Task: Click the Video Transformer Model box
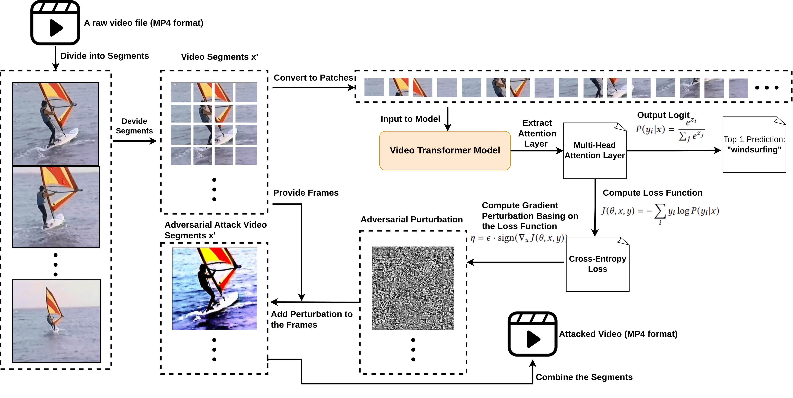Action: pyautogui.click(x=445, y=151)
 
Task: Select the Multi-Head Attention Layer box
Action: pyautogui.click(x=595, y=151)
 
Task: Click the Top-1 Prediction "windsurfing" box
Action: pyautogui.click(x=754, y=145)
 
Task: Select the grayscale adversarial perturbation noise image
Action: pyautogui.click(x=413, y=288)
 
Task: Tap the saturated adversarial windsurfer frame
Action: pyautogui.click(x=215, y=289)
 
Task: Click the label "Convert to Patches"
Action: pyautogui.click(x=313, y=78)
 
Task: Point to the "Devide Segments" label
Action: pyautogui.click(x=134, y=126)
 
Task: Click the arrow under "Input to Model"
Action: pyautogui.click(x=448, y=119)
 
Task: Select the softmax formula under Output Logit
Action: pyautogui.click(x=670, y=129)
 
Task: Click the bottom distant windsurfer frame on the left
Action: pyautogui.click(x=57, y=321)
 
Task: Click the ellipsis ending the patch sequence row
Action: pyautogui.click(x=767, y=88)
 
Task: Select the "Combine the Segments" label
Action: pyautogui.click(x=584, y=377)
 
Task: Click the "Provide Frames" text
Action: pyautogui.click(x=306, y=193)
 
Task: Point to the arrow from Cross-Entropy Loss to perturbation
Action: pyautogui.click(x=516, y=262)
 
